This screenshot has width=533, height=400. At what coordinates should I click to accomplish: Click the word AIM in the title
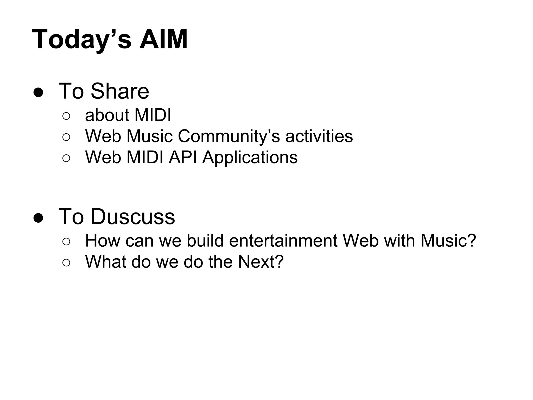coord(163,40)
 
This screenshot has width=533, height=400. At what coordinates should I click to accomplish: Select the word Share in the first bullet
coord(120,91)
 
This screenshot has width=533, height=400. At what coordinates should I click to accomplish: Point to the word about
coord(107,115)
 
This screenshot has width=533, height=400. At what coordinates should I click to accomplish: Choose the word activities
coord(319,136)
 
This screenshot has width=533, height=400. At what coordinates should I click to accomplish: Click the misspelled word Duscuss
coord(133,217)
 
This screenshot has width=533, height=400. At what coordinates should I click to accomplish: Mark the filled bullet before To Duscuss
coord(38,218)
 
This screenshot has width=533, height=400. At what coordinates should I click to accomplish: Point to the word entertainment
coord(283,241)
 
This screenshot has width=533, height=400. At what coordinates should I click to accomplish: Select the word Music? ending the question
coord(448,241)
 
